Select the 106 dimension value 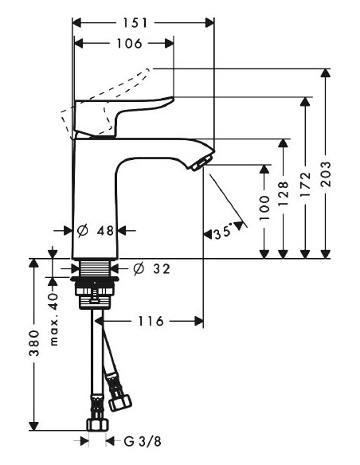coord(123,44)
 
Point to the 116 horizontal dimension coord(150,322)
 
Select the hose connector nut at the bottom coord(96,424)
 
